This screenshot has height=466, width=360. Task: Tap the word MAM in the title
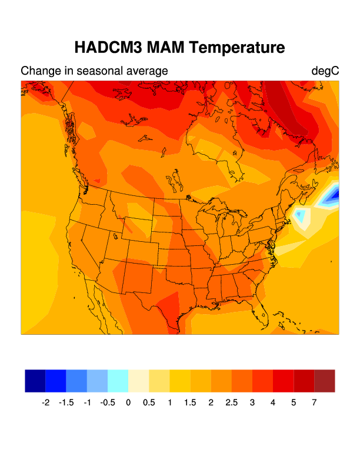click(x=165, y=48)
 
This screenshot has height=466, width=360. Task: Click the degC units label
click(x=325, y=71)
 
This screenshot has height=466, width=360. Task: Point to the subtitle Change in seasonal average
click(x=94, y=71)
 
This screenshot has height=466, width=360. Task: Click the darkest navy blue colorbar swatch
click(x=35, y=381)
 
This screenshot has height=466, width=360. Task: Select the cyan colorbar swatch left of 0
click(x=118, y=381)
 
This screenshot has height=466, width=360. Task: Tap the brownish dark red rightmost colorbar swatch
click(x=325, y=381)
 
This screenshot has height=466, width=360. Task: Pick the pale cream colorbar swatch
click(x=139, y=381)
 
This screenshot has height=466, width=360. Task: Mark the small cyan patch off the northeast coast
click(x=301, y=216)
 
